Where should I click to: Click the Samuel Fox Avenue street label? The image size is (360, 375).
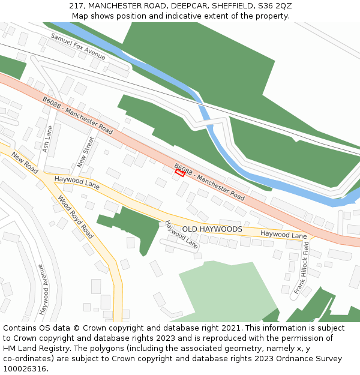click(x=77, y=46)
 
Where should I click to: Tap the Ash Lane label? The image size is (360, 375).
click(x=48, y=138)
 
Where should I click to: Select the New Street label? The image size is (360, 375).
click(x=86, y=152)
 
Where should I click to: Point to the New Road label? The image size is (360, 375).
click(x=25, y=163)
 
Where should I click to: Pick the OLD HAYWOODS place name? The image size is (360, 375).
click(x=212, y=229)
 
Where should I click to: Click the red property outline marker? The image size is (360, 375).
click(x=179, y=173)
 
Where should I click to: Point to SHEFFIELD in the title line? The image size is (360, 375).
click(x=226, y=5)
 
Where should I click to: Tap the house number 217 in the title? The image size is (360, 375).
click(x=76, y=5)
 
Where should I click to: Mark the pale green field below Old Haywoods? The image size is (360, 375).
click(x=222, y=288)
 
